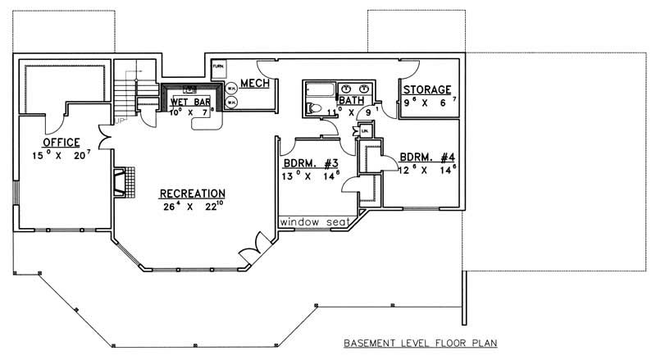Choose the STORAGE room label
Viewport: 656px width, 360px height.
click(x=426, y=90)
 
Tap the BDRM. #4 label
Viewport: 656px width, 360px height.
click(x=428, y=157)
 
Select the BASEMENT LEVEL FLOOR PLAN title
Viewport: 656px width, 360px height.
click(x=421, y=342)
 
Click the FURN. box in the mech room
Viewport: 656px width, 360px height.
click(x=219, y=65)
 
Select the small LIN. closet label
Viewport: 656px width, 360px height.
click(x=364, y=130)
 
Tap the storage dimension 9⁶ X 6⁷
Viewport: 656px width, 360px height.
click(x=426, y=103)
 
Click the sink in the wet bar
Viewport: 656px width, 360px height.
click(x=190, y=87)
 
